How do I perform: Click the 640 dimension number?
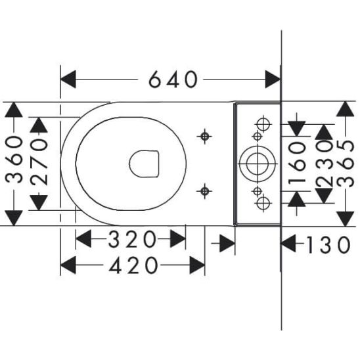click(x=173, y=79)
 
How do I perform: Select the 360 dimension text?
click(x=14, y=160)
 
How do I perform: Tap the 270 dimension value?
click(x=39, y=162)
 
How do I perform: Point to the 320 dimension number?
click(x=132, y=239)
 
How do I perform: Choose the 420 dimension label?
click(x=133, y=265)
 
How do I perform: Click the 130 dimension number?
click(x=328, y=245)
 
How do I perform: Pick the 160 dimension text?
click(x=298, y=164)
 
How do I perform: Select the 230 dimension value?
click(x=324, y=164)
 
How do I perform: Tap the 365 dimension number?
click(x=346, y=164)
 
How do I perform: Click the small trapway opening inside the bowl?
click(x=144, y=164)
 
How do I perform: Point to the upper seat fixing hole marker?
click(x=204, y=137)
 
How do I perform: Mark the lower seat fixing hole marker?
click(x=204, y=191)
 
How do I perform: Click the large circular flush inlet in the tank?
click(x=257, y=164)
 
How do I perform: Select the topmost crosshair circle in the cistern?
click(x=263, y=124)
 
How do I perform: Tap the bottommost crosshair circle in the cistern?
click(x=263, y=203)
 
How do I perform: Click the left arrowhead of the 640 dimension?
click(x=68, y=79)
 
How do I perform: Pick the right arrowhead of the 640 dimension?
click(x=273, y=79)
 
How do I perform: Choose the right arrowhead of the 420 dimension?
click(x=197, y=265)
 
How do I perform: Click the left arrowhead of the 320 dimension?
click(x=83, y=239)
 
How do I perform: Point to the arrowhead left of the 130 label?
click(x=288, y=243)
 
